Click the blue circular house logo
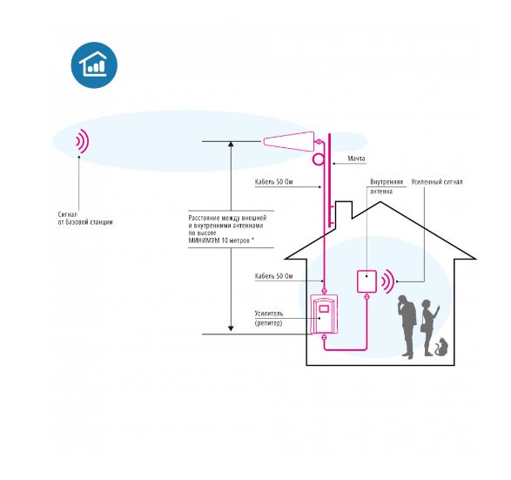pyautogui.click(x=94, y=64)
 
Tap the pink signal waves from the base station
pyautogui.click(x=83, y=141)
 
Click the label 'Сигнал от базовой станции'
pyautogui.click(x=85, y=219)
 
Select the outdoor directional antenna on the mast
pyautogui.click(x=288, y=141)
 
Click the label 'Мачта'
pyautogui.click(x=356, y=159)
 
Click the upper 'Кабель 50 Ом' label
pyautogui.click(x=273, y=182)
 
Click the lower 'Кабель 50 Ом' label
pyautogui.click(x=273, y=276)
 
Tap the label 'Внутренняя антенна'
pyautogui.click(x=387, y=186)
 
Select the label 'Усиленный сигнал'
pyautogui.click(x=437, y=182)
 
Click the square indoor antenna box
pyautogui.click(x=367, y=281)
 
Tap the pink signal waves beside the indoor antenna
pyautogui.click(x=388, y=281)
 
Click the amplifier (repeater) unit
pyautogui.click(x=324, y=314)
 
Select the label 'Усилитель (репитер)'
pyautogui.click(x=269, y=318)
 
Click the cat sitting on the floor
pyautogui.click(x=441, y=347)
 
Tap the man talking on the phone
pyautogui.click(x=407, y=327)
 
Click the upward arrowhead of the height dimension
pyautogui.click(x=231, y=145)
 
